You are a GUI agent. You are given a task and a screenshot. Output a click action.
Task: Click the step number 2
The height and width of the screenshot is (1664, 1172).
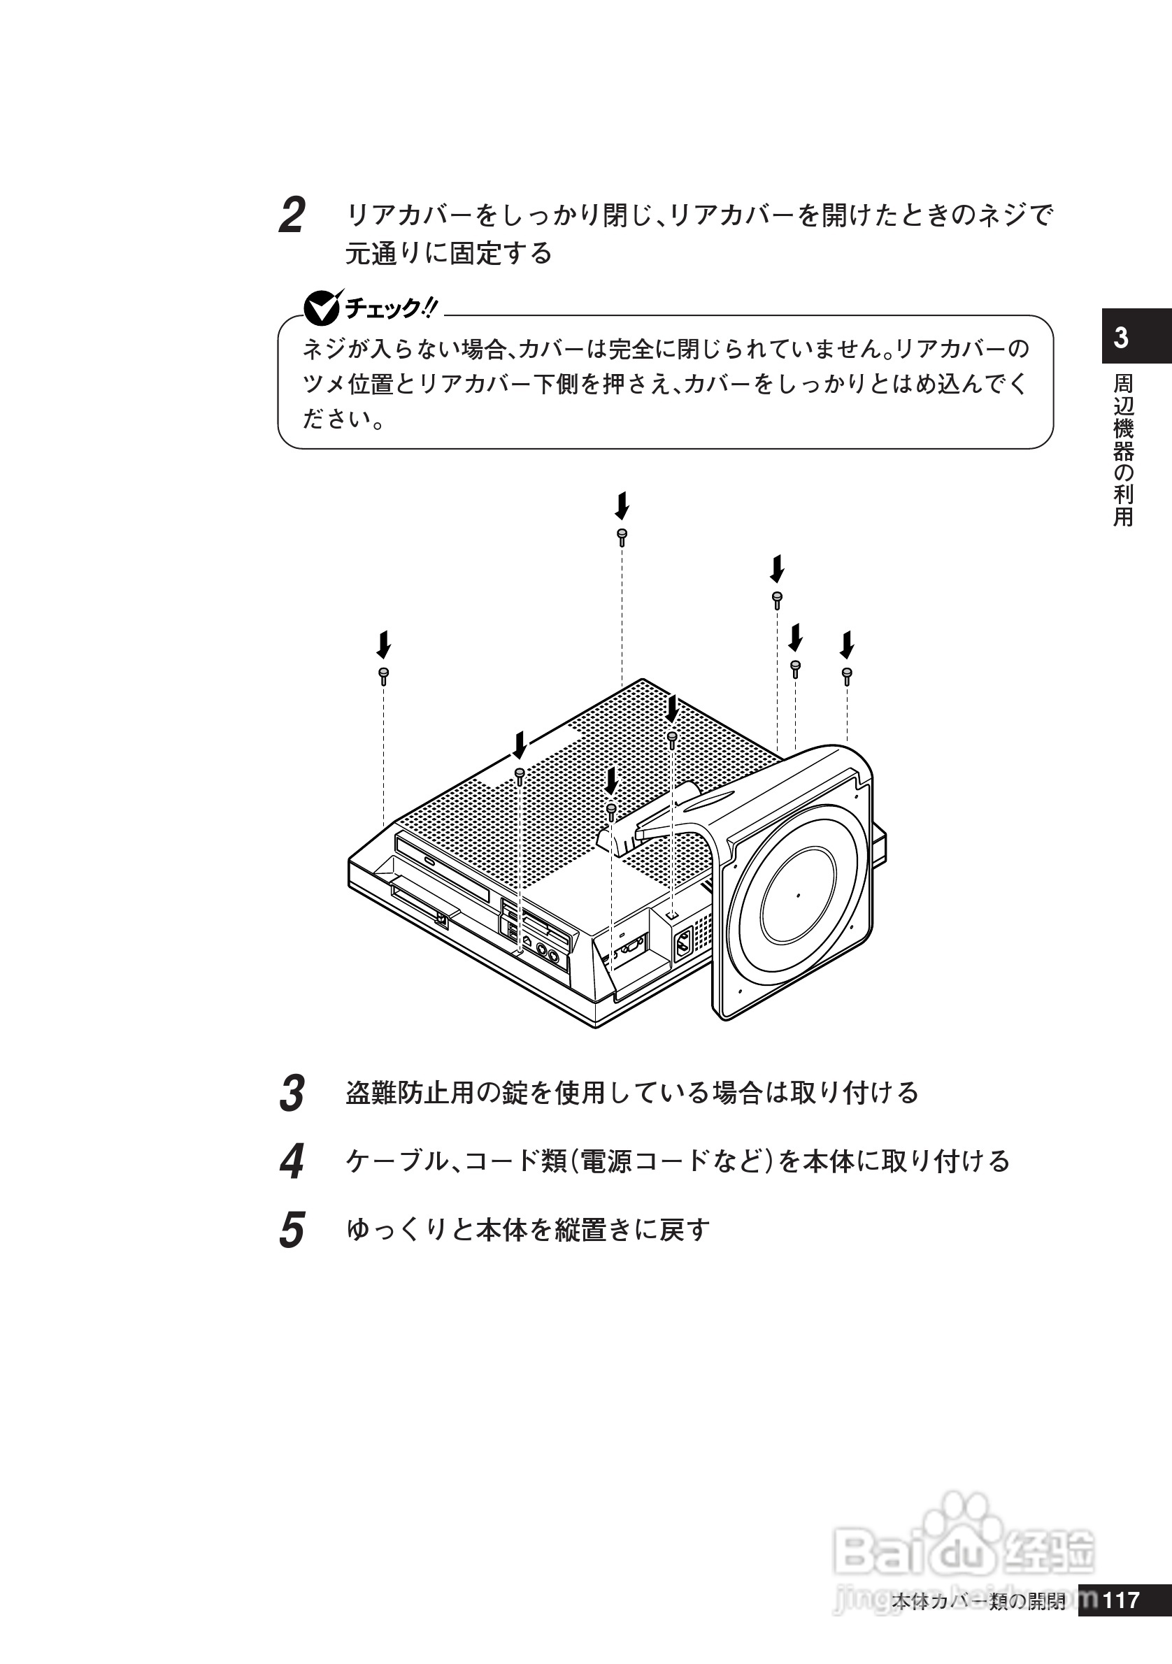pyautogui.click(x=292, y=216)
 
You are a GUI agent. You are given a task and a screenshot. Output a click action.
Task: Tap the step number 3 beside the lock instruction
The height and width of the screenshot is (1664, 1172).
pyautogui.click(x=292, y=1093)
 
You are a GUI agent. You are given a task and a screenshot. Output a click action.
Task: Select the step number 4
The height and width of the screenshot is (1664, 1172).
pyautogui.click(x=292, y=1162)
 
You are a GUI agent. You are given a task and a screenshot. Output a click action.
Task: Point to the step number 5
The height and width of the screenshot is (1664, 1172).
pyautogui.click(x=292, y=1231)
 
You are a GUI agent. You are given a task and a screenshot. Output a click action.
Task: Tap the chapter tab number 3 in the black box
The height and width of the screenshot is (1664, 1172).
pyautogui.click(x=1121, y=338)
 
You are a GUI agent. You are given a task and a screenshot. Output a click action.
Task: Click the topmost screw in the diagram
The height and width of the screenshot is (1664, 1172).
pyautogui.click(x=622, y=536)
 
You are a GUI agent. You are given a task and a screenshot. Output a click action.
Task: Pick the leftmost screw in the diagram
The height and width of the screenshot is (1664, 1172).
pyautogui.click(x=383, y=675)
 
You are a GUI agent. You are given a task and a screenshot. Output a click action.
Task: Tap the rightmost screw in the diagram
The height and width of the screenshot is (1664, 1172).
pyautogui.click(x=847, y=675)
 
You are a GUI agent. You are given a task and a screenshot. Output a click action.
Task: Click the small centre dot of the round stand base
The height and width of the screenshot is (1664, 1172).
pyautogui.click(x=799, y=896)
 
